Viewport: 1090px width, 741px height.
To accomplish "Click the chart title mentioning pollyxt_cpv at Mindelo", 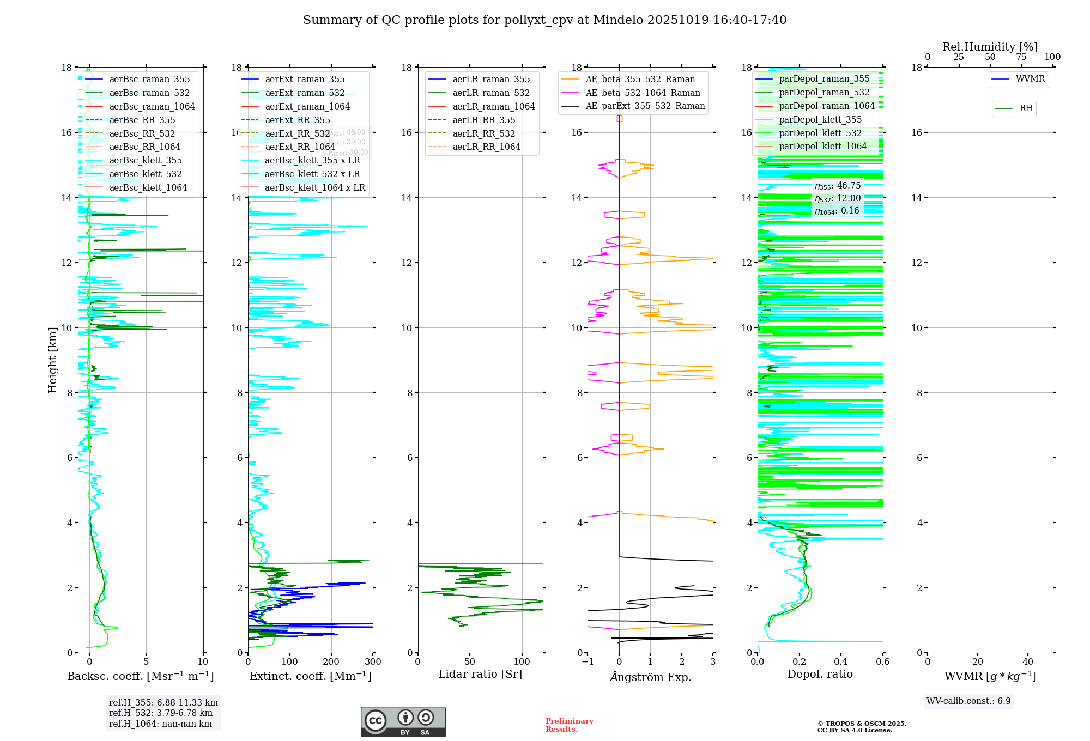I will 544,20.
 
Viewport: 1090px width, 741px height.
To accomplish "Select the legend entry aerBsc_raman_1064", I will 152,106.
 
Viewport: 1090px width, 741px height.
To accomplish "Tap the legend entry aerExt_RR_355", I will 297,120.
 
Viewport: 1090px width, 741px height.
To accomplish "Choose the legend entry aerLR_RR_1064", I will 486,147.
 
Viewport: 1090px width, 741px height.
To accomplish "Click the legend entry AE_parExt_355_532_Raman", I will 645,106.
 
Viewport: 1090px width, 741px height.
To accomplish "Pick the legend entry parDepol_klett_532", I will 820,133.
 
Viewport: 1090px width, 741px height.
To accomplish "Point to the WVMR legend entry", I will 1030,79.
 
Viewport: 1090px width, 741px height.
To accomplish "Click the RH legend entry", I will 1026,108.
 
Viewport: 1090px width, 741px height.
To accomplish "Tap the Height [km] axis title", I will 52,360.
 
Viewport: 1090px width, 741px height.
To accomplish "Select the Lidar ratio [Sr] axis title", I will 480,675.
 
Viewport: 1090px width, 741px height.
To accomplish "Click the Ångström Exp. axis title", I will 651,677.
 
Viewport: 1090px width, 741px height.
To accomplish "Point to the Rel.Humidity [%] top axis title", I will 990,47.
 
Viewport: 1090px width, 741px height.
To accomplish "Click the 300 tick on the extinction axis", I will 373,662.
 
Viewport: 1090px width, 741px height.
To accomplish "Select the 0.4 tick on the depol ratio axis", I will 841,662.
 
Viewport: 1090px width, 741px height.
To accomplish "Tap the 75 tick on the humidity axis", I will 1021,57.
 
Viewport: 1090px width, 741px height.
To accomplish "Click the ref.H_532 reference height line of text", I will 161,713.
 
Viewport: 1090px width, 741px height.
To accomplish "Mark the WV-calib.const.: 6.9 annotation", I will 968,701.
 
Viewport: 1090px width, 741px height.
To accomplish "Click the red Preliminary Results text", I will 569,725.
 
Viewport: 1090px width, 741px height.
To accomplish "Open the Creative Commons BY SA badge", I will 403,722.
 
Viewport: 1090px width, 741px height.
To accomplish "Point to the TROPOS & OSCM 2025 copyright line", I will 862,724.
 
